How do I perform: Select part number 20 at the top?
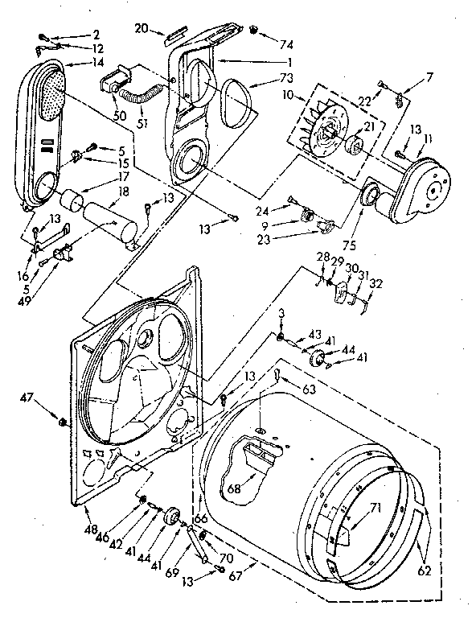coord(142,28)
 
